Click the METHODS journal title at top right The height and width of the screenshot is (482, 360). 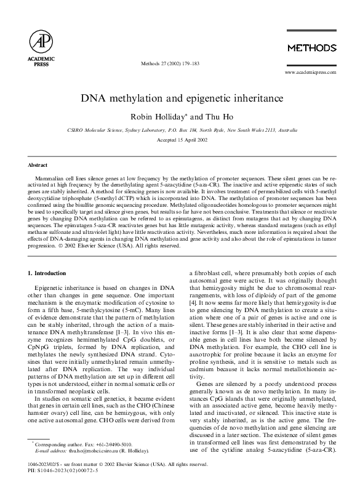click(312, 48)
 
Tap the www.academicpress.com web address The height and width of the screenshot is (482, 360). click(310, 72)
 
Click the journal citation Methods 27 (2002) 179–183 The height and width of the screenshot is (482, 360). click(179, 63)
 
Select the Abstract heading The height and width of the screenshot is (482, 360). click(38, 165)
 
